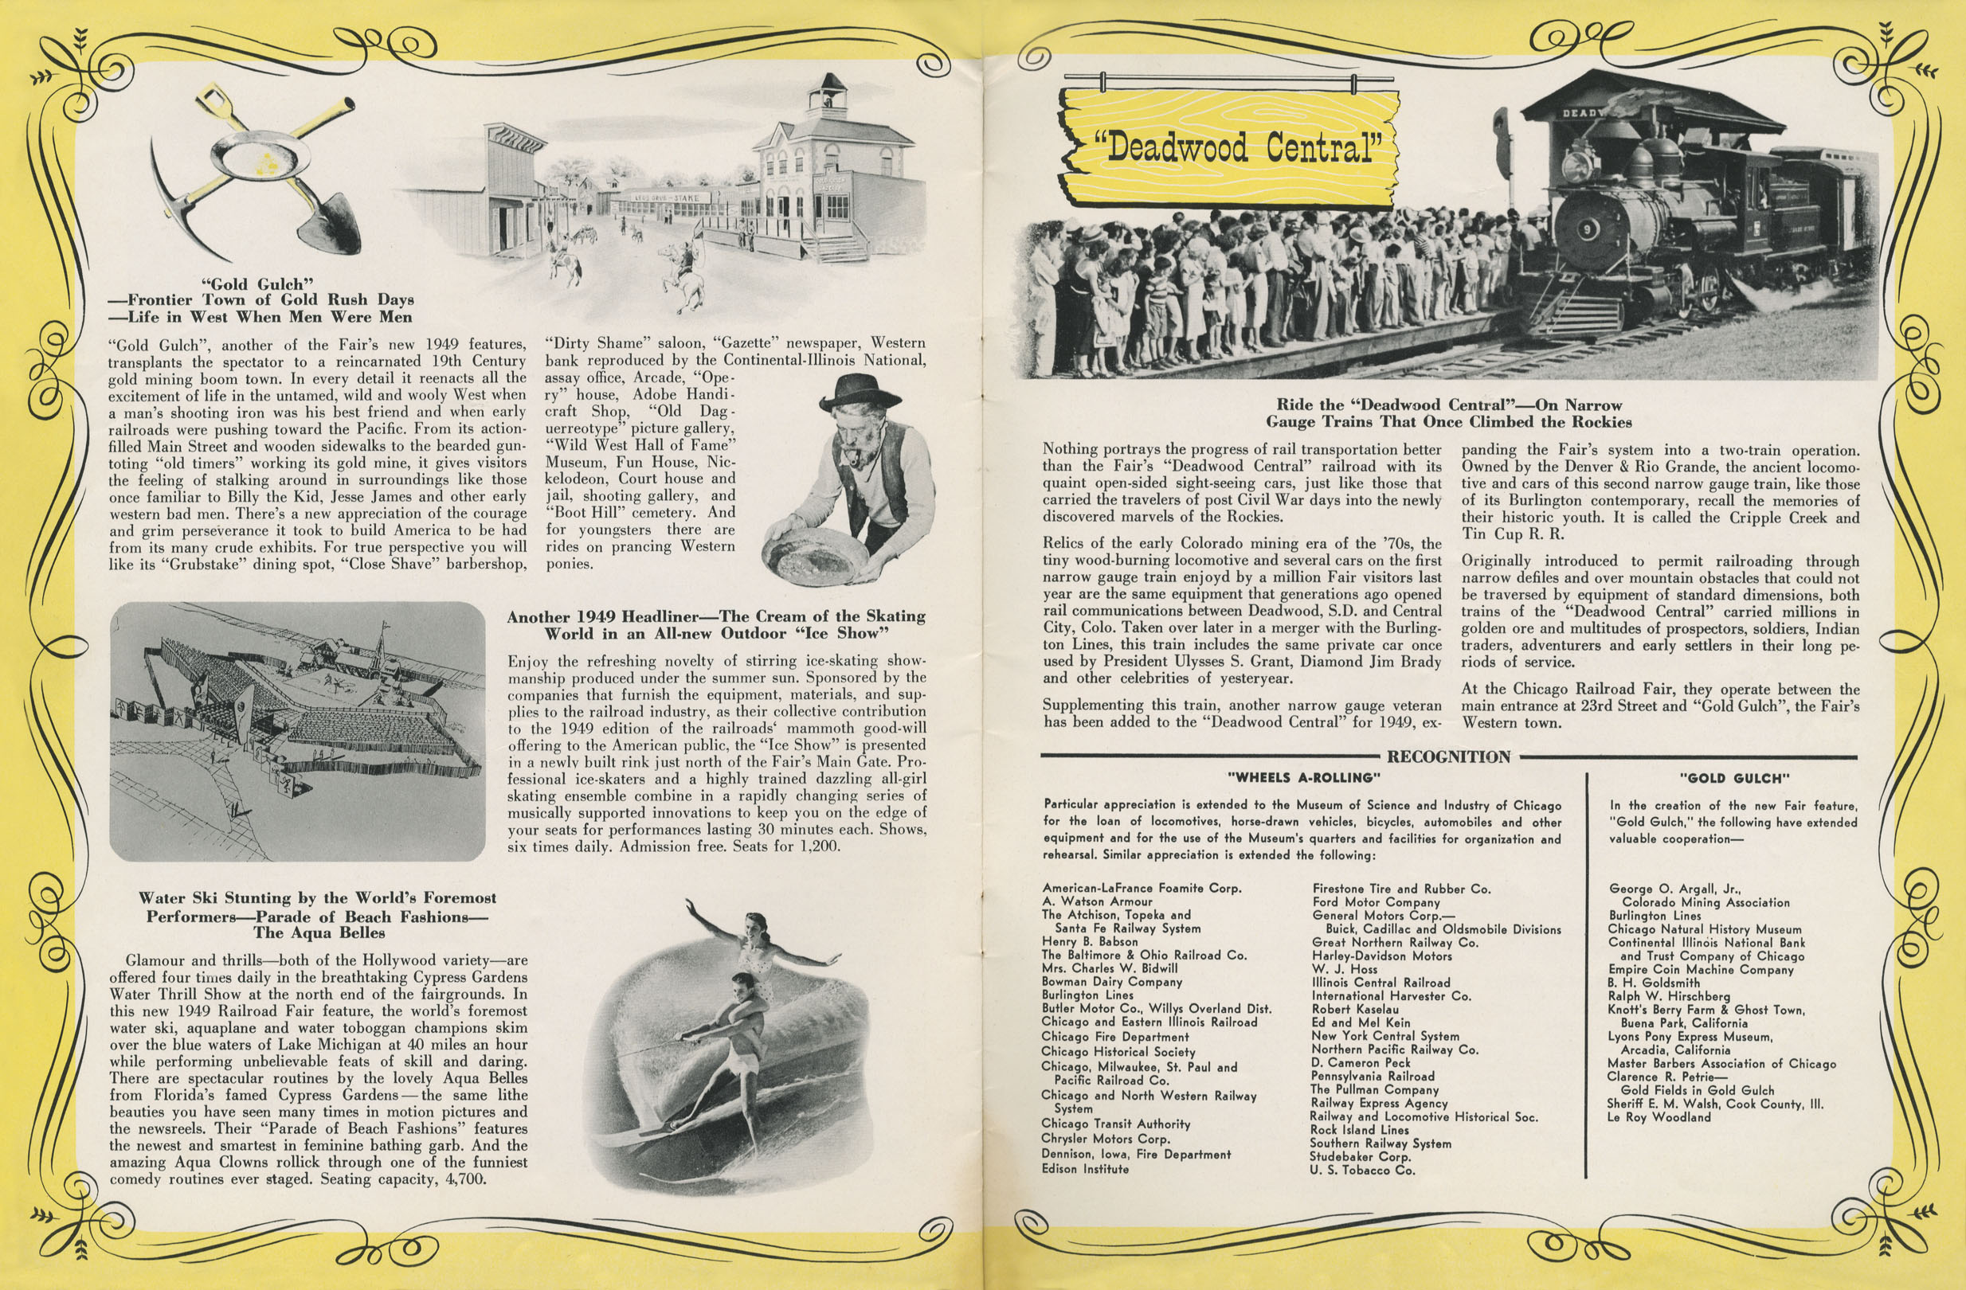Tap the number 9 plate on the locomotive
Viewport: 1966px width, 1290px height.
coord(1588,231)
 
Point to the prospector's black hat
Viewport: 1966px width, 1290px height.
coord(860,392)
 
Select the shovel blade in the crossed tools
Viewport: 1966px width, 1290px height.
coord(330,223)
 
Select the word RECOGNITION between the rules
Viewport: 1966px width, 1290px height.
coord(1449,756)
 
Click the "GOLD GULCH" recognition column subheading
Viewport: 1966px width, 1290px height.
coord(1733,778)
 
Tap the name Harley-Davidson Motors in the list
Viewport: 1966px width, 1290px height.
coord(1381,956)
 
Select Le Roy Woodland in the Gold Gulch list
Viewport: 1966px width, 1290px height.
coord(1659,1117)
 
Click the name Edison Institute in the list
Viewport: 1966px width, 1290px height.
coord(1085,1169)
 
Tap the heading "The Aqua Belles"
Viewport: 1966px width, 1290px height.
coord(319,933)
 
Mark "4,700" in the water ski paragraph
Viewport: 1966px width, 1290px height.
coord(465,1179)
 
